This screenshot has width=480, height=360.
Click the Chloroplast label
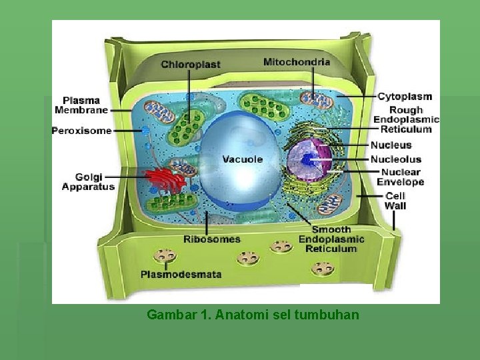[190, 64]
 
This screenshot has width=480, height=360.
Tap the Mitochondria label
[296, 62]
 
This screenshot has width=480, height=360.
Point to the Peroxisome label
[81, 131]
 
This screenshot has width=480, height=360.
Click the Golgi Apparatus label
[88, 182]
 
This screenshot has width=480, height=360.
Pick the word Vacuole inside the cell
[242, 159]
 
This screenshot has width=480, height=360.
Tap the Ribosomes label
[212, 239]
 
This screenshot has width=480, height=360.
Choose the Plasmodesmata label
[181, 274]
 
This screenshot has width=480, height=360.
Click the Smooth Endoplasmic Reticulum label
[331, 239]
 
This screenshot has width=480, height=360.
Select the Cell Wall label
[395, 201]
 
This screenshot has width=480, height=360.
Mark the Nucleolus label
[396, 159]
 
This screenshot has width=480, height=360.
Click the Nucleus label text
[391, 145]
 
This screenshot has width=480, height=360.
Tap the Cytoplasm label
[405, 97]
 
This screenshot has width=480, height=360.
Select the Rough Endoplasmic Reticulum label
[406, 119]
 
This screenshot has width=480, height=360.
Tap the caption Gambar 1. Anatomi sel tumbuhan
[253, 314]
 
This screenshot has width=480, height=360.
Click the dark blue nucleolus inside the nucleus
[308, 160]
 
